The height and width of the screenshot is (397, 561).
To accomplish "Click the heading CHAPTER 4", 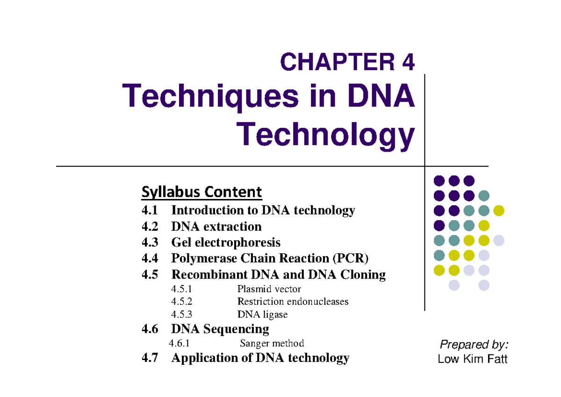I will tap(347, 62).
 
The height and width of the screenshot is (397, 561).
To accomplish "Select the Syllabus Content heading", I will tap(201, 192).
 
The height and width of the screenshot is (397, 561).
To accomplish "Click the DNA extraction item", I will tap(216, 227).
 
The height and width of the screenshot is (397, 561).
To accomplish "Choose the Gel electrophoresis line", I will tap(226, 243).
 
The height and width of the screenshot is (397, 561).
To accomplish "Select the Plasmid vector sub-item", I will tap(269, 289).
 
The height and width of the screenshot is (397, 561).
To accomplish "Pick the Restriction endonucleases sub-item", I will tap(293, 301).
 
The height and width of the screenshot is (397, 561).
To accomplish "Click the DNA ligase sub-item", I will tap(262, 315).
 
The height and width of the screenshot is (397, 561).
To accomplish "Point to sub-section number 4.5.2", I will tap(181, 301).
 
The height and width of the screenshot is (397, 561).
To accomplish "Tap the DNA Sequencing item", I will tap(220, 329).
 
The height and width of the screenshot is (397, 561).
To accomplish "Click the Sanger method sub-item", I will tap(272, 343).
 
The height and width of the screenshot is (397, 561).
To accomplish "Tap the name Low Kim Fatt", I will tap(472, 359).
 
